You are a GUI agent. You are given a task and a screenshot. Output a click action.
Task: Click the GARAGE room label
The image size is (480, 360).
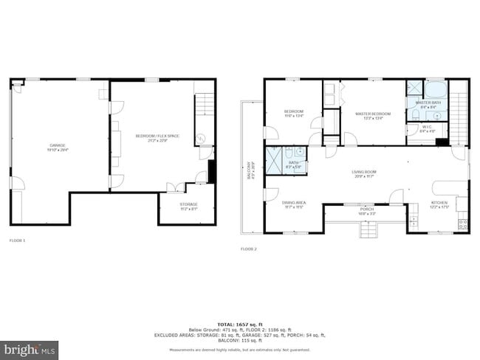click(x=58, y=145)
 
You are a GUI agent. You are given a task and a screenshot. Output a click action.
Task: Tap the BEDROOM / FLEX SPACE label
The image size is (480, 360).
click(x=157, y=136)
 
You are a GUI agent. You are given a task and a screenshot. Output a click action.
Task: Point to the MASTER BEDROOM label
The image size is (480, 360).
click(x=372, y=114)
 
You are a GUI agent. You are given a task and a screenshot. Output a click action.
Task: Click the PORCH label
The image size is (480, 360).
click(x=366, y=209)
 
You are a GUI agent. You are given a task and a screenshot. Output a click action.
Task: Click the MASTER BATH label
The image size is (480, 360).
click(x=428, y=103)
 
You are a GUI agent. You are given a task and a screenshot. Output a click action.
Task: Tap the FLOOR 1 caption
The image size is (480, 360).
click(x=17, y=240)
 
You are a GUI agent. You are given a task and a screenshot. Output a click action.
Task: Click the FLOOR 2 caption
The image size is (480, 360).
click(x=248, y=249)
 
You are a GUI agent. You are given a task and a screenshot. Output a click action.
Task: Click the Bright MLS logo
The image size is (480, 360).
click(x=30, y=347)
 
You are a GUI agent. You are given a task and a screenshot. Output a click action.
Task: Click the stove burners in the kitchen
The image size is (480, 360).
click(x=463, y=222)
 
